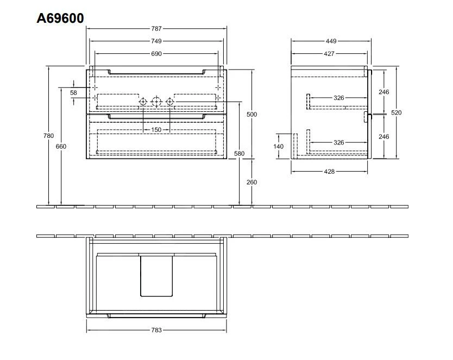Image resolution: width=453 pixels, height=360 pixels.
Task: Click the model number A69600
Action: (x=60, y=18)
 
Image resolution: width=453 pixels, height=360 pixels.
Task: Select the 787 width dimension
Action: (x=156, y=28)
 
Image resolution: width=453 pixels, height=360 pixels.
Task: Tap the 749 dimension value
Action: (x=156, y=41)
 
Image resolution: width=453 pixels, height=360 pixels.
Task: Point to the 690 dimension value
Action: (x=156, y=54)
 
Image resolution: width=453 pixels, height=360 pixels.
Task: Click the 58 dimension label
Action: (x=73, y=93)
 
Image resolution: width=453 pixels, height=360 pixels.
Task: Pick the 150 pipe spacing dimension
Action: (x=156, y=130)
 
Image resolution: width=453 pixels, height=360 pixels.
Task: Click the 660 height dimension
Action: (x=61, y=147)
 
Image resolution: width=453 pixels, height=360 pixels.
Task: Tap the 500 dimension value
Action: (x=251, y=114)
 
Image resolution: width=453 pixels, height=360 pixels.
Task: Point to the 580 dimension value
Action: (x=240, y=154)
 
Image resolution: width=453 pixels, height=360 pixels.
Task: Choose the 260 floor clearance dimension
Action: (x=251, y=182)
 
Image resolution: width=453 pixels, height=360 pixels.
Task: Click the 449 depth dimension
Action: (x=331, y=41)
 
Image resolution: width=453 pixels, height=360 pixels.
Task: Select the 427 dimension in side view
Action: (x=329, y=54)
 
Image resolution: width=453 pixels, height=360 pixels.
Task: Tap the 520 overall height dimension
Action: (x=396, y=113)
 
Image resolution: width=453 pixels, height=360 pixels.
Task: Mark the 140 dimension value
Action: (x=279, y=147)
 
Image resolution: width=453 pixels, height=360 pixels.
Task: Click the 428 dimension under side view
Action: (x=329, y=172)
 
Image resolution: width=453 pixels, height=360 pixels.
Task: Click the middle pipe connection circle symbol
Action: (x=156, y=102)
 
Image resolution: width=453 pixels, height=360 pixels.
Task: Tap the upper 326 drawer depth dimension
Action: (x=338, y=98)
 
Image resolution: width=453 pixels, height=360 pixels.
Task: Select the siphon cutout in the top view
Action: (x=156, y=275)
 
